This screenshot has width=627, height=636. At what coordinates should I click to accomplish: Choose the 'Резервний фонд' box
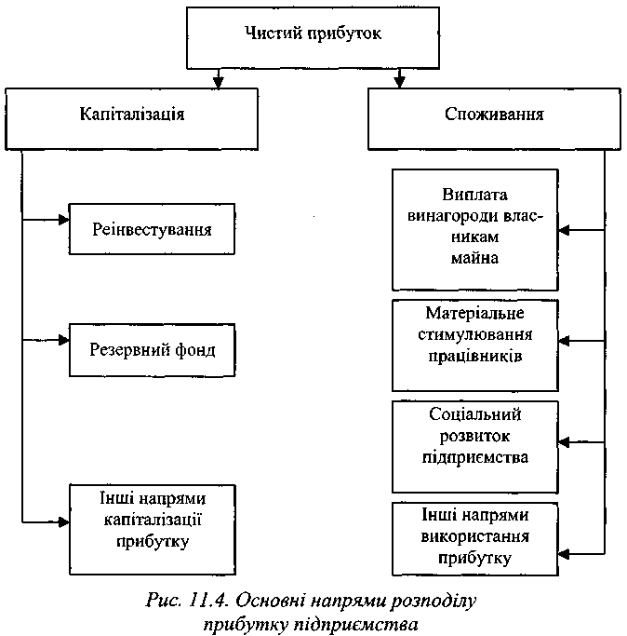click(x=153, y=350)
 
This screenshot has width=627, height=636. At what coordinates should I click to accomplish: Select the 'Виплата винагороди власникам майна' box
click(x=475, y=228)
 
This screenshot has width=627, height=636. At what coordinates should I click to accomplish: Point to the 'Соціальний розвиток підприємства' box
click(x=475, y=445)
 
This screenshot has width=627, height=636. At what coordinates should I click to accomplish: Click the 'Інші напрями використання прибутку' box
click(x=475, y=538)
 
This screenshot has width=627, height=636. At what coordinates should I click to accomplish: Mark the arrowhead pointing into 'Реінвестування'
click(x=63, y=221)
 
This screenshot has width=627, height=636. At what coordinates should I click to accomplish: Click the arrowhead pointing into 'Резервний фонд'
click(x=63, y=342)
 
